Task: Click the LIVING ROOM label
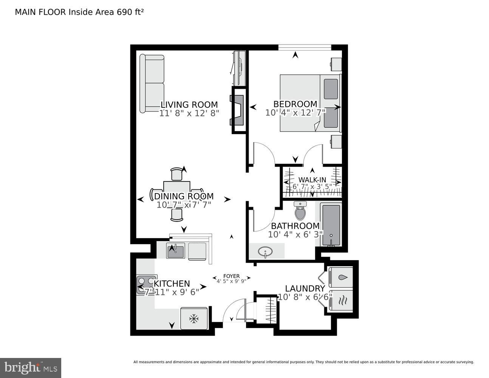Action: [x=189, y=105]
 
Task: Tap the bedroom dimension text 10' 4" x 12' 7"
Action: [x=295, y=113]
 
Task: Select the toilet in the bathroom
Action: [x=300, y=212]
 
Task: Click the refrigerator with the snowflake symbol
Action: [x=194, y=319]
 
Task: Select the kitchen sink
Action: [x=175, y=251]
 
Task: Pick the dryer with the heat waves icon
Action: [x=341, y=301]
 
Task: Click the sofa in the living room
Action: [x=152, y=84]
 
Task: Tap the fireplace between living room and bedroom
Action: [x=238, y=110]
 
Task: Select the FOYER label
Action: [x=231, y=276]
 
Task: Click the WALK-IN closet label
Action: [x=312, y=180]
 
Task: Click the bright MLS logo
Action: [x=31, y=367]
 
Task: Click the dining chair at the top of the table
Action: [x=176, y=175]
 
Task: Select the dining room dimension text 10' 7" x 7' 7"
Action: [x=184, y=205]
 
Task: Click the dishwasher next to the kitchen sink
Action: [x=197, y=251]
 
